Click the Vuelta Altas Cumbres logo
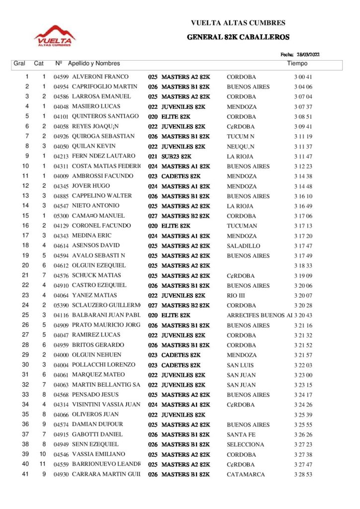tap(55, 36)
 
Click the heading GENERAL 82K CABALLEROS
tap(238, 37)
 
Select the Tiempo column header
tap(297, 64)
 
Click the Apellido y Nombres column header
tap(94, 64)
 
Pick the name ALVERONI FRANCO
tap(100, 77)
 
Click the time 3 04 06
tap(303, 87)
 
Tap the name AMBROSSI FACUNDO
tap(102, 176)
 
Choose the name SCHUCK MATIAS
tap(97, 276)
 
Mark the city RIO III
tap(235, 296)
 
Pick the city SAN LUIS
tap(239, 365)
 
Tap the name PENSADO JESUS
tap(96, 395)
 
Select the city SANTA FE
tap(239, 435)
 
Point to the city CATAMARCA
tap(246, 475)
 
